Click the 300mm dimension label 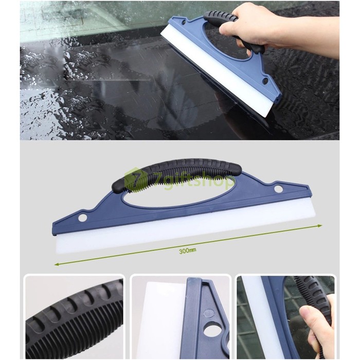(x=187, y=250)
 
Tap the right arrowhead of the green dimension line (x=319, y=226)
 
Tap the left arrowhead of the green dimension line (x=57, y=264)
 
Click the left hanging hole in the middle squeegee (x=82, y=218)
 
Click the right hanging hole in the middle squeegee (x=278, y=189)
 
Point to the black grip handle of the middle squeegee (x=177, y=174)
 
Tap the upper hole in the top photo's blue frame (x=184, y=23)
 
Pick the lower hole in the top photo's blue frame (x=265, y=81)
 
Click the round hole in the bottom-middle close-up (x=213, y=331)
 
